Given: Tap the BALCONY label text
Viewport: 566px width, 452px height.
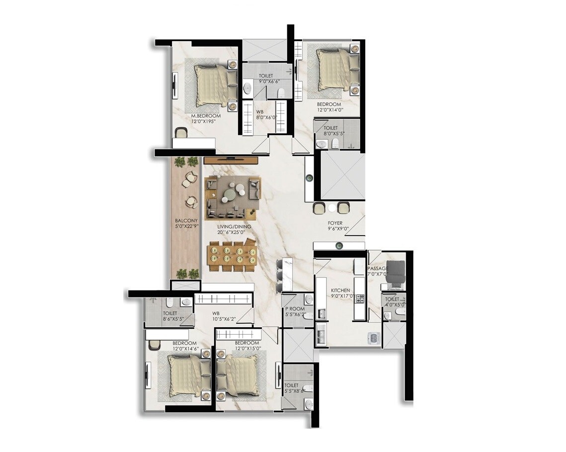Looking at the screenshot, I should (x=186, y=220).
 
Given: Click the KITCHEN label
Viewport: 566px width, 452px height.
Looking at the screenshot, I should (x=340, y=290).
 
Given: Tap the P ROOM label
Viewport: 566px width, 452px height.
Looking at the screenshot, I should (x=294, y=308).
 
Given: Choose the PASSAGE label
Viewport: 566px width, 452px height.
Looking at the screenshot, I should (x=378, y=269).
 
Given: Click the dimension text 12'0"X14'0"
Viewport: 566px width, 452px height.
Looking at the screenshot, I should (x=330, y=111).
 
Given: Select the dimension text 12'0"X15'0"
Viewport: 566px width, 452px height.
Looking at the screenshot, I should (x=246, y=350).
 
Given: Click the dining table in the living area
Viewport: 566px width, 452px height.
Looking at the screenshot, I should (x=232, y=257).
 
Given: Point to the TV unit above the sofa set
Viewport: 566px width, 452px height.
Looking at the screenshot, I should (x=231, y=160).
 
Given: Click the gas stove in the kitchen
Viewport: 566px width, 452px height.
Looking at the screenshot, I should (x=360, y=298).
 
